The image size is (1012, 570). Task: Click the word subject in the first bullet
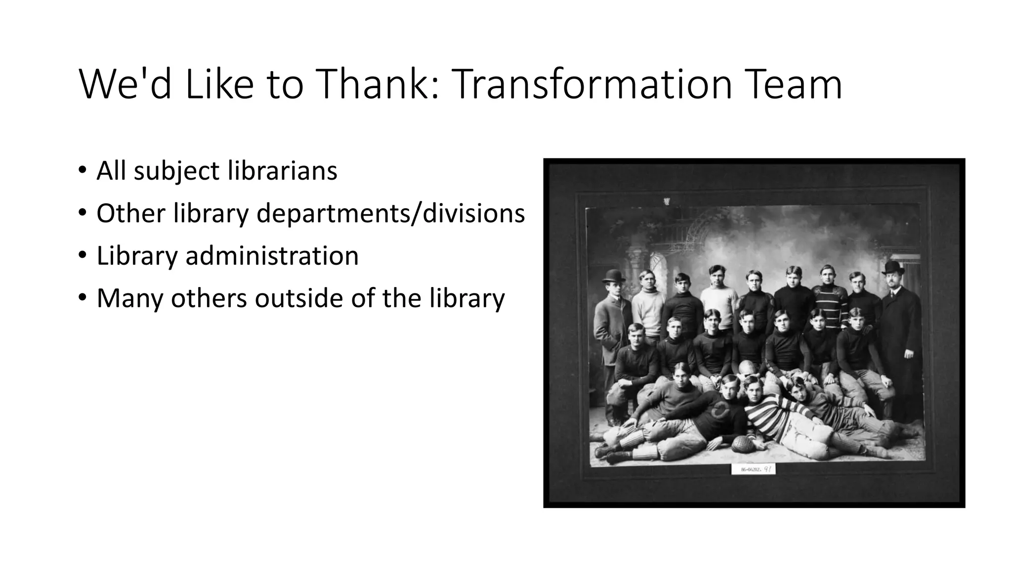176,172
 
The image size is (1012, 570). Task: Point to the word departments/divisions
390,214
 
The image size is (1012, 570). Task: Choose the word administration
272,256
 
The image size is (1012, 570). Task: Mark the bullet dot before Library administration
82,256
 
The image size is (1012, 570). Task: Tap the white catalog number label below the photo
753,469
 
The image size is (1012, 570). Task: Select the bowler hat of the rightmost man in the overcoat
893,268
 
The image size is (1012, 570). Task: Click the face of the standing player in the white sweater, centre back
715,276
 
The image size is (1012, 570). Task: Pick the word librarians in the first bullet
282,171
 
